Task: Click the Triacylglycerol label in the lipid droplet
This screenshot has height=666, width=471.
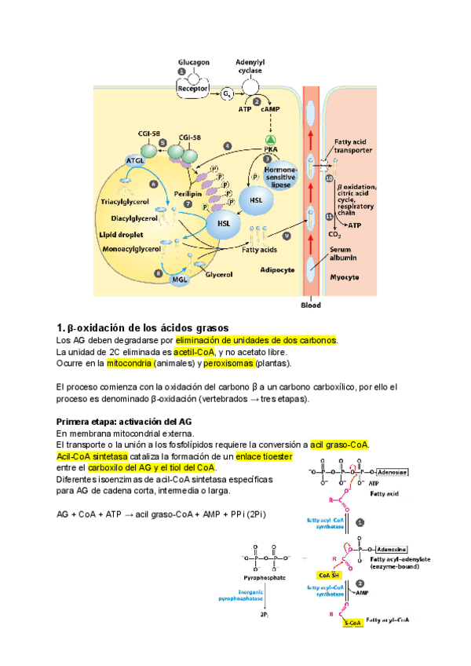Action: point(130,201)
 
